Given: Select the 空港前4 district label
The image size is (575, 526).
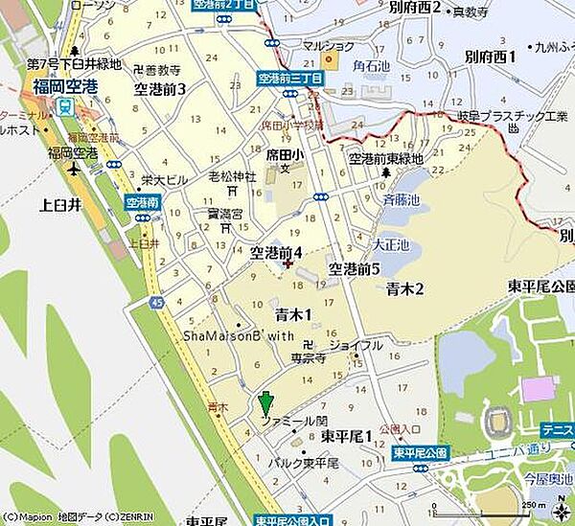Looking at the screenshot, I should (x=276, y=253).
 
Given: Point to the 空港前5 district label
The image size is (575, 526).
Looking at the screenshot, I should (x=355, y=269).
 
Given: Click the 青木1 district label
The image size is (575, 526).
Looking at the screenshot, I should (x=294, y=314).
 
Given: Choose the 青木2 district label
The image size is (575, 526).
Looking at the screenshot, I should (x=404, y=287).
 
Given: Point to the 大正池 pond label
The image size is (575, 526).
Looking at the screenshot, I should (x=391, y=245).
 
